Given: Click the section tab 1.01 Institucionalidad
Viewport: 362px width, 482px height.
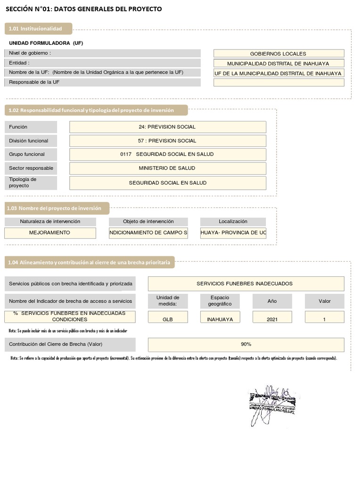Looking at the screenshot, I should [39, 29].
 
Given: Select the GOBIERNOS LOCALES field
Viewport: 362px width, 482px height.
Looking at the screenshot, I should [279, 54].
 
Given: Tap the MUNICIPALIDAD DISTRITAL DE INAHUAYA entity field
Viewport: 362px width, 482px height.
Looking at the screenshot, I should [279, 64].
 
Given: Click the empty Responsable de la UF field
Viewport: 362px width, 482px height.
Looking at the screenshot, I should [279, 82].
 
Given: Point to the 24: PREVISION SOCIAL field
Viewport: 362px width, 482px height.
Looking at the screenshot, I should [167, 127].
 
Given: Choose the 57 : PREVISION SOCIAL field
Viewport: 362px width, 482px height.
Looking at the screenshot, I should [167, 141].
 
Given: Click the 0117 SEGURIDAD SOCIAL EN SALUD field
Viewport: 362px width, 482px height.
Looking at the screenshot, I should [167, 154].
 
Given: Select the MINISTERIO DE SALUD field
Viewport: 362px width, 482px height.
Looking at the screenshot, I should [167, 168].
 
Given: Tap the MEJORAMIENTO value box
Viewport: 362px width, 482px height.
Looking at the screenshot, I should [50, 233].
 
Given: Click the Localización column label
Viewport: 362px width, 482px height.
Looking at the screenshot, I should [233, 222].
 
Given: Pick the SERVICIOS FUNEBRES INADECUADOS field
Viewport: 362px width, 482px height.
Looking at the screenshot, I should [246, 284].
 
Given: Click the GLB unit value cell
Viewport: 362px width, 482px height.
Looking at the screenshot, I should [168, 319].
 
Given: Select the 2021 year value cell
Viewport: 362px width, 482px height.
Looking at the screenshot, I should [272, 319].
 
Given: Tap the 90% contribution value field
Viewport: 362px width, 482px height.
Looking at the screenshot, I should [246, 345].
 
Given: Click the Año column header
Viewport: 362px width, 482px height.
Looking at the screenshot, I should [272, 301].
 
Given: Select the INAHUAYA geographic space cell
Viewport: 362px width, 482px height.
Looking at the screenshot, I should [220, 319].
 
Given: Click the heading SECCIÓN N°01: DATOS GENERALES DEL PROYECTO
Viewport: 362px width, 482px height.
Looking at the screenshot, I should [83, 9].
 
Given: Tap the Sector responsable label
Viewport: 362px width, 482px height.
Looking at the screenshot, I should [30, 168].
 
